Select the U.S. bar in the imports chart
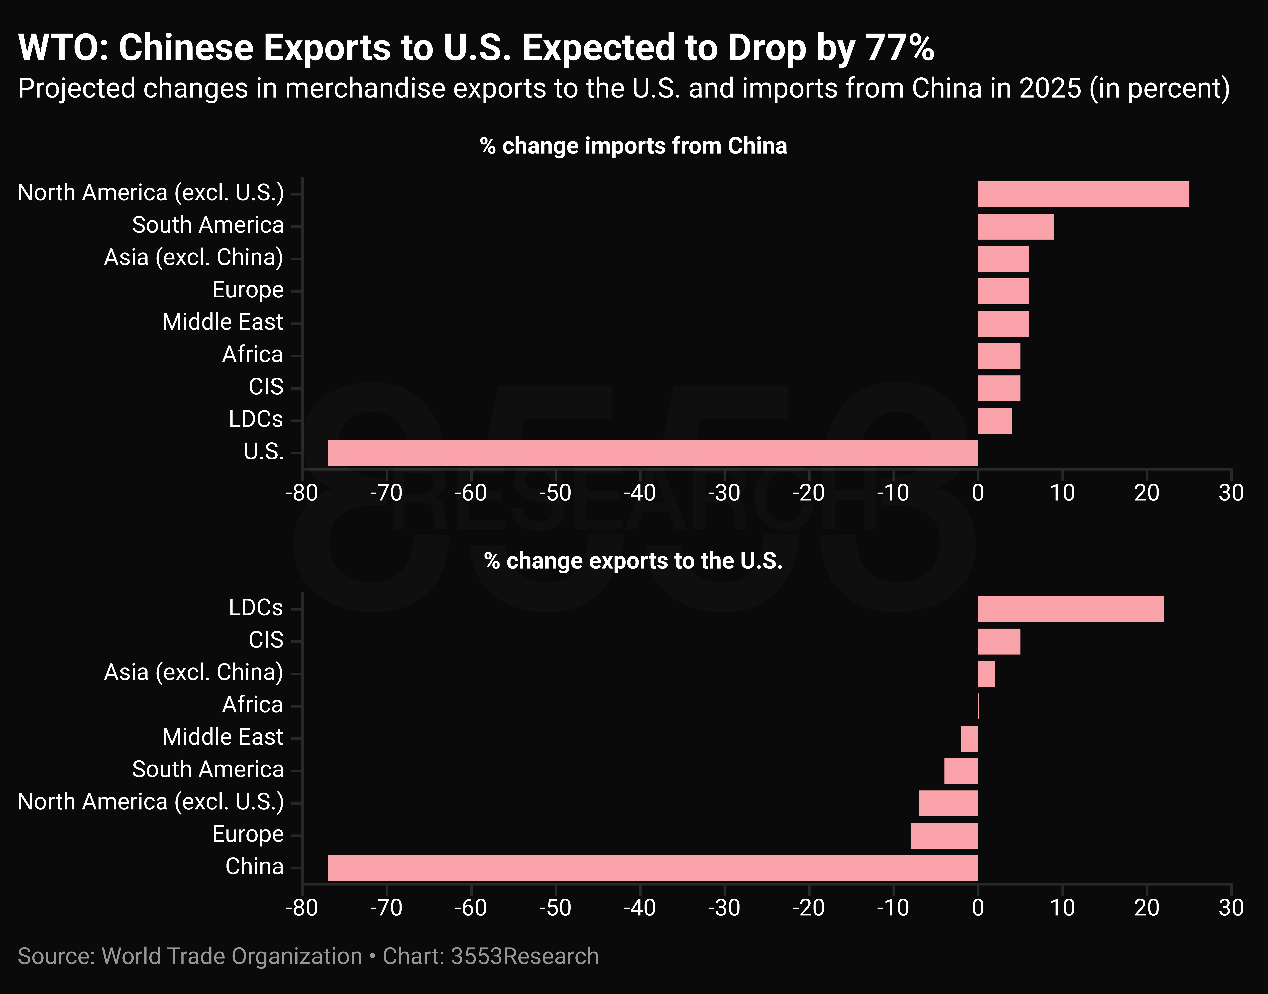(x=653, y=453)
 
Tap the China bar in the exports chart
(x=653, y=868)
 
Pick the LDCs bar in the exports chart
(x=1071, y=609)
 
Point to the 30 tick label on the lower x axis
(x=1231, y=908)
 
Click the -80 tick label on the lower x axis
(x=302, y=908)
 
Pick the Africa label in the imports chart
(x=252, y=354)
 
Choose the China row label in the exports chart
(x=254, y=867)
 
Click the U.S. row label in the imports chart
(x=263, y=452)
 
